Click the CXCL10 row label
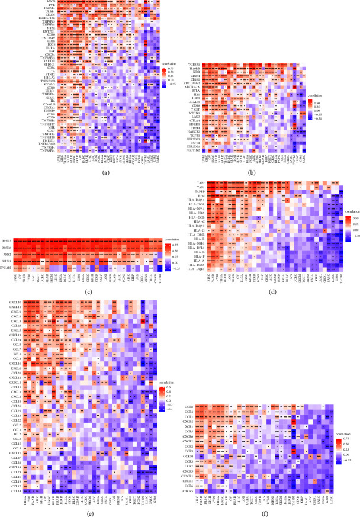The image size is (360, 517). (x=15, y=303)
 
